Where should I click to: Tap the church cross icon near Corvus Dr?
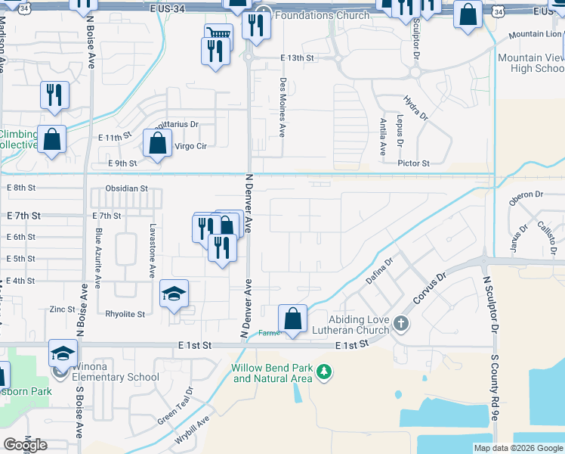click(x=401, y=325)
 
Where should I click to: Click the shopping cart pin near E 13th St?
click(x=218, y=34)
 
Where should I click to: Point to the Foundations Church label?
click(x=323, y=15)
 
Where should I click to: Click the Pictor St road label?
click(x=414, y=163)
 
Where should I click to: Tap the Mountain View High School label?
click(x=531, y=63)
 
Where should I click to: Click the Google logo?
click(x=26, y=445)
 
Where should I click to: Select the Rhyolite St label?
click(x=125, y=313)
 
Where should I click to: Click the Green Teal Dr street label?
click(x=176, y=406)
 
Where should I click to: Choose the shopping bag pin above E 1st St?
click(x=292, y=319)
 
